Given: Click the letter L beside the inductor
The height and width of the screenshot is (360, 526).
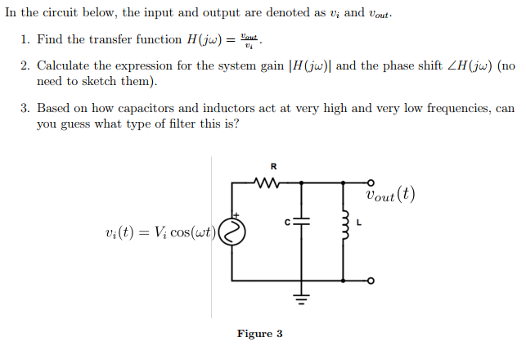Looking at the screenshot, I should click(359, 221).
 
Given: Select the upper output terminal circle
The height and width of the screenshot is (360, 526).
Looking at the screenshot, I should click(370, 182).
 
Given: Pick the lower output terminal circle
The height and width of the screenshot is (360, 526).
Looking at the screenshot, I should click(370, 281).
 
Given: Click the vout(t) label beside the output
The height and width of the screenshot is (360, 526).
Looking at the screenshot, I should click(391, 195).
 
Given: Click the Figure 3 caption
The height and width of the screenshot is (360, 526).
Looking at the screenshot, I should click(259, 334).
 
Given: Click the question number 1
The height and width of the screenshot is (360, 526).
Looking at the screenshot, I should click(25, 40).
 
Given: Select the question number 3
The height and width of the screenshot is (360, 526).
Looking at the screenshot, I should click(25, 109).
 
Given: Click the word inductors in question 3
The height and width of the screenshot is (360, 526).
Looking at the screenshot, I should click(245, 109).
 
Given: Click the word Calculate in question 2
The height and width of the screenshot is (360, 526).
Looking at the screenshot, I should click(65, 66).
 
